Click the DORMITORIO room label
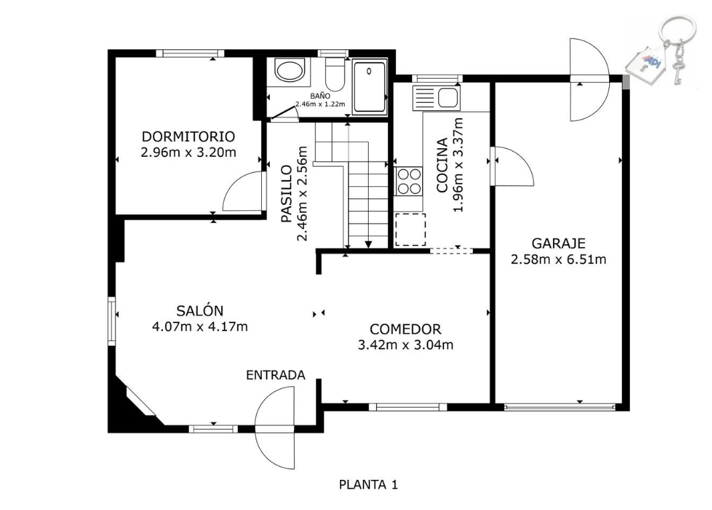click(x=188, y=137)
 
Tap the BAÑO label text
click(x=320, y=96)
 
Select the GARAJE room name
click(x=558, y=244)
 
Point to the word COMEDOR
click(x=405, y=329)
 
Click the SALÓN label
click(x=200, y=310)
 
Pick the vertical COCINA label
click(x=441, y=165)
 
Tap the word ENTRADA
click(x=276, y=375)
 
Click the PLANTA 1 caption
click(x=368, y=485)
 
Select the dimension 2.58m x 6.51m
click(x=558, y=260)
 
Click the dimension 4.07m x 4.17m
click(x=200, y=326)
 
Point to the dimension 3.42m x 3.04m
click(x=405, y=345)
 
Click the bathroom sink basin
click(x=290, y=71)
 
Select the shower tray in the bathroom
click(x=369, y=86)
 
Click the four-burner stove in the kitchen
click(x=408, y=181)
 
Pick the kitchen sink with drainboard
click(x=436, y=97)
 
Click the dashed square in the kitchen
click(x=410, y=230)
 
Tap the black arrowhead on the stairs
click(x=368, y=244)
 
